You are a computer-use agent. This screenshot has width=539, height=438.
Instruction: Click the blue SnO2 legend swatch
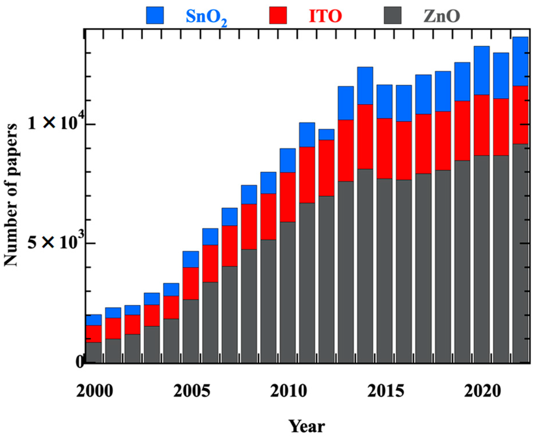click(x=155, y=15)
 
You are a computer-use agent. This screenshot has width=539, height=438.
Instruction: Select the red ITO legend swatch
click(x=278, y=15)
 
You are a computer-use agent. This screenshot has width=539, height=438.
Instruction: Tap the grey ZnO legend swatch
click(x=393, y=15)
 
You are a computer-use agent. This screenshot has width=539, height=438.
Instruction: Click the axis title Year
click(x=307, y=426)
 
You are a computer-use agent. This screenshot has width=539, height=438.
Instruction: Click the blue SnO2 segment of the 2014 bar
click(x=365, y=86)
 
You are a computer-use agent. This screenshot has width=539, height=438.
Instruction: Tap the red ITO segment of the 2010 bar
click(x=287, y=197)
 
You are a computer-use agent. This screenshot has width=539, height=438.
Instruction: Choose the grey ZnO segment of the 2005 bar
click(x=191, y=331)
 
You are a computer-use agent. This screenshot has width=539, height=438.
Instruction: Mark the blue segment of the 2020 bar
click(x=482, y=71)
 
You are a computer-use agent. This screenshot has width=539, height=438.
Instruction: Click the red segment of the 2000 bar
click(x=94, y=334)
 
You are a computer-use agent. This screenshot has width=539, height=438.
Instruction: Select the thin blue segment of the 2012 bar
click(x=326, y=134)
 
